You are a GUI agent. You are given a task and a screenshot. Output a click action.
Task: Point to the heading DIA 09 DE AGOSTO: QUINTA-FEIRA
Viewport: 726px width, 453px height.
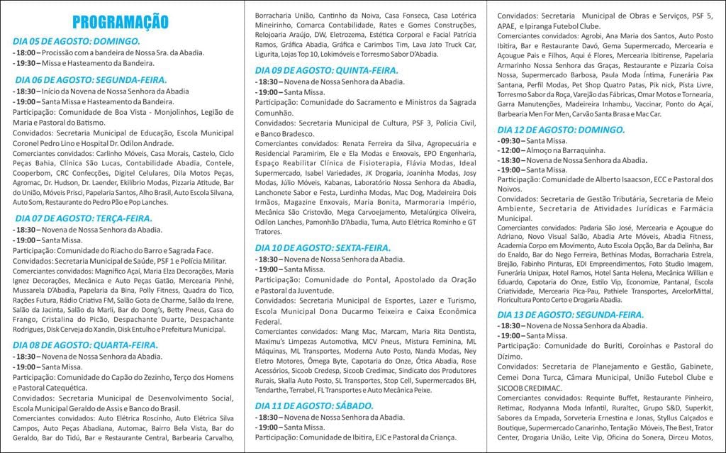click(x=327, y=70)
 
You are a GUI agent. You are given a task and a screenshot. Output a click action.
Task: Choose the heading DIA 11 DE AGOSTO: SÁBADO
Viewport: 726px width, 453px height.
click(x=313, y=406)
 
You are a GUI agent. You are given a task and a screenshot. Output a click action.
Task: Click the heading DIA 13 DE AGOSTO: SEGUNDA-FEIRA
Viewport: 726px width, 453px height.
click(x=571, y=314)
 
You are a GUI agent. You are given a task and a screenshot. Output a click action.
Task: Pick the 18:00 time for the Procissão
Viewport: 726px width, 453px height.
click(x=26, y=52)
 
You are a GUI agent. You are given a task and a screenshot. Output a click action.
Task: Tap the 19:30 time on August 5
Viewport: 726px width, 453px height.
click(x=26, y=63)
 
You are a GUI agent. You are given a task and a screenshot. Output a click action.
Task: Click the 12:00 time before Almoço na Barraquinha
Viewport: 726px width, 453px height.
click(x=510, y=151)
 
